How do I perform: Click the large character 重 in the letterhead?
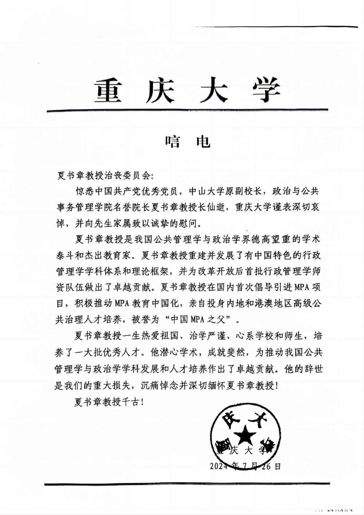(108, 91)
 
